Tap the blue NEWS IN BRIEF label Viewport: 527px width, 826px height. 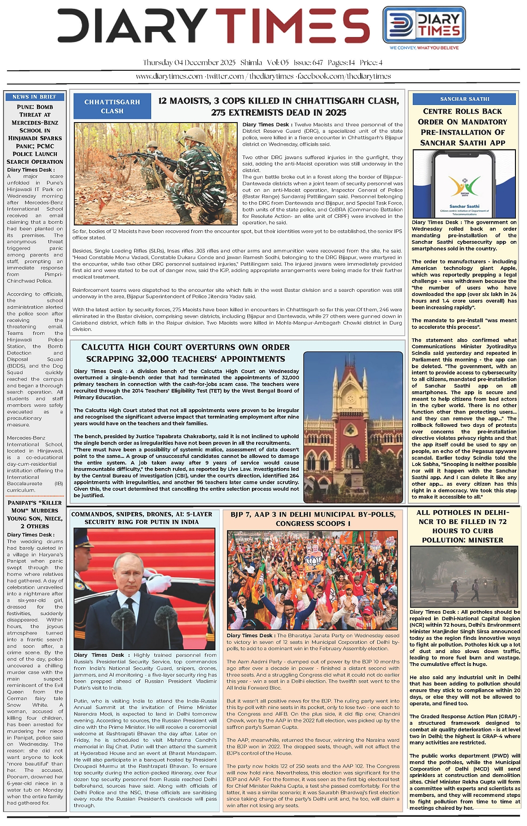(x=34, y=97)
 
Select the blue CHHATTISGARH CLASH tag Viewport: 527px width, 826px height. (x=112, y=106)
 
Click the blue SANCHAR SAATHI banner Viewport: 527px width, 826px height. (x=464, y=99)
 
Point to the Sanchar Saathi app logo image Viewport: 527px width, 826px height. (x=464, y=184)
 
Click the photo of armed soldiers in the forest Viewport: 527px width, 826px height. (x=156, y=173)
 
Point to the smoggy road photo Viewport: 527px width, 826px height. (x=464, y=576)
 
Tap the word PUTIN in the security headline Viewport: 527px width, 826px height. (x=166, y=522)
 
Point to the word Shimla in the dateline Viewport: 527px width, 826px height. (x=251, y=62)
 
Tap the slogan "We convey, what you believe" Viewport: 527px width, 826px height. (x=424, y=48)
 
